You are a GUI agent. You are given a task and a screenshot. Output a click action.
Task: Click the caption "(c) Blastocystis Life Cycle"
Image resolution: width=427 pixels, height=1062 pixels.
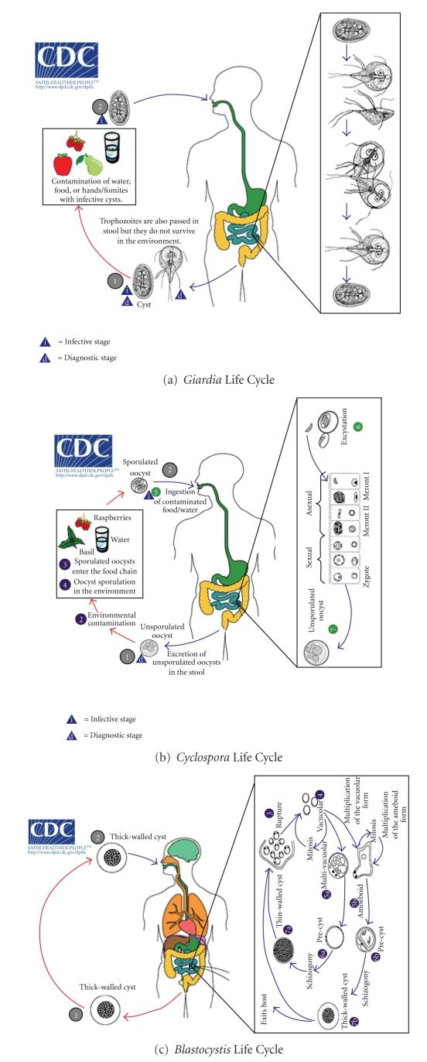[213, 1049]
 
